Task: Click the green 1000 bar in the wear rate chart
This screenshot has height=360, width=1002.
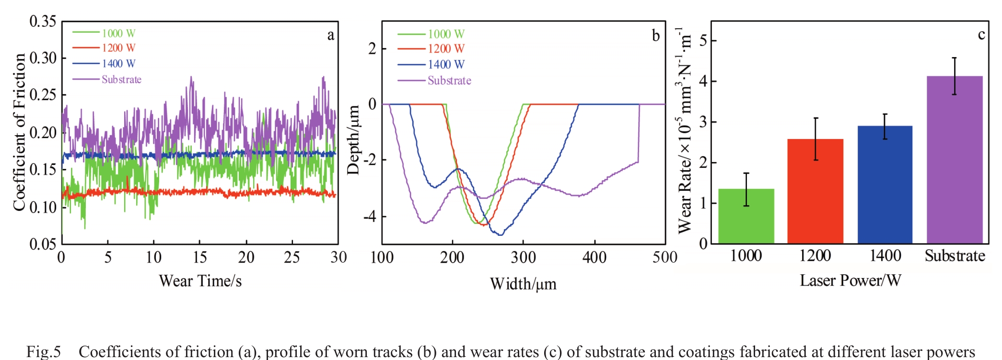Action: [x=746, y=216]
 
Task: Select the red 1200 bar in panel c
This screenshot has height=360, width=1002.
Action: [x=815, y=191]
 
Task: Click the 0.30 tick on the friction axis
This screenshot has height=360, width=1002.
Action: [x=43, y=58]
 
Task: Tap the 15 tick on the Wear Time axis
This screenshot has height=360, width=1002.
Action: [x=200, y=257]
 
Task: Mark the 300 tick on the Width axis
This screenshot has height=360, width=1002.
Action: [x=523, y=258]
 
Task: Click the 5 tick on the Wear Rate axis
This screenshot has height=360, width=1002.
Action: [x=703, y=41]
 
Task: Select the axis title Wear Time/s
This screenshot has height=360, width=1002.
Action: [x=200, y=281]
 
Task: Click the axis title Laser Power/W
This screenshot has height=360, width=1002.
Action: [x=850, y=280]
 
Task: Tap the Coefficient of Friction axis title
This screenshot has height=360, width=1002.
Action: [x=19, y=132]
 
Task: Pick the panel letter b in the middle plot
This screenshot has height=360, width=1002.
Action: [x=655, y=36]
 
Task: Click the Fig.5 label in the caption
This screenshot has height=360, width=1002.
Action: [x=44, y=352]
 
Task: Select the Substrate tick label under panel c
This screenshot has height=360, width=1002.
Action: [x=955, y=256]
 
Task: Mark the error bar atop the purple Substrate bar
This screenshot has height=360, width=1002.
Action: [x=955, y=76]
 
